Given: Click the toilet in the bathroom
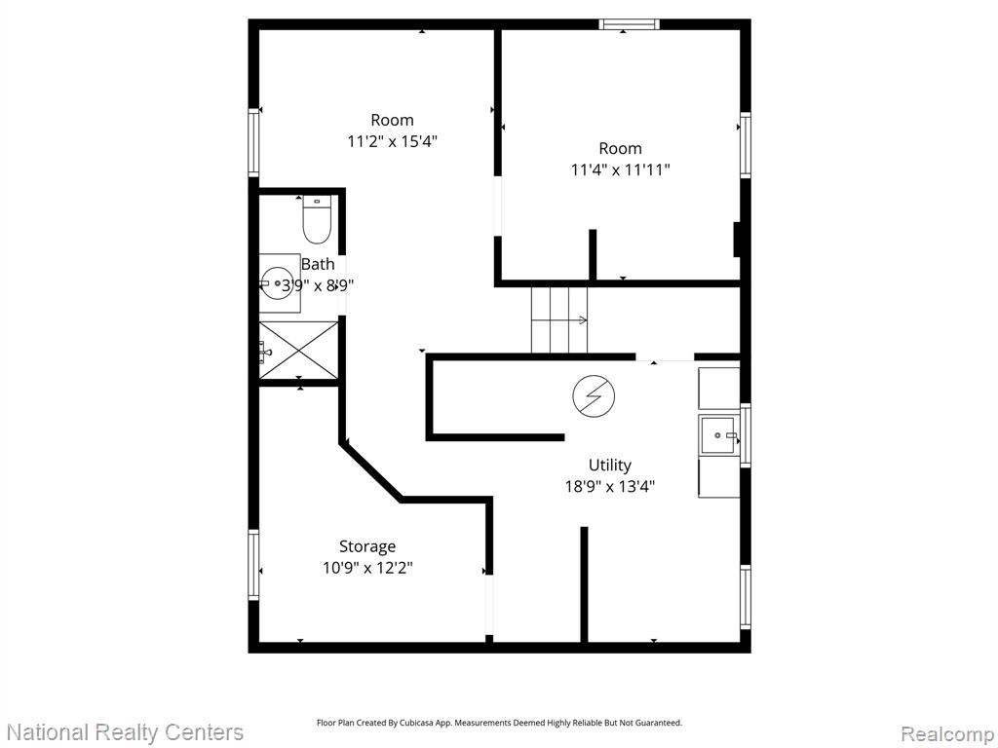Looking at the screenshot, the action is (317, 219).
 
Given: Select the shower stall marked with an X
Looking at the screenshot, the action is (298, 350).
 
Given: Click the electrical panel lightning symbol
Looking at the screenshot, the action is (594, 396).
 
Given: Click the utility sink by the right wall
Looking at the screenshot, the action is (720, 435).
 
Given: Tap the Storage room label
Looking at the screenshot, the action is (367, 546).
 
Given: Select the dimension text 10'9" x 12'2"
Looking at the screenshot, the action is (367, 568).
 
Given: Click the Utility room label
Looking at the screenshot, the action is (610, 465).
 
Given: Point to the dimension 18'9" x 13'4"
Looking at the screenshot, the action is (610, 487).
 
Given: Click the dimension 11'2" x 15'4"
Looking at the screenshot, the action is (392, 140).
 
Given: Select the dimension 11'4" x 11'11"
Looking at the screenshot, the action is (621, 169).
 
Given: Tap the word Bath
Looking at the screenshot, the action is (318, 264).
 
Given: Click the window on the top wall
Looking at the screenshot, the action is (629, 24).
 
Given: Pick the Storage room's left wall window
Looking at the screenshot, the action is (254, 565).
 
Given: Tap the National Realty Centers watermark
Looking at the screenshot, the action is (125, 732).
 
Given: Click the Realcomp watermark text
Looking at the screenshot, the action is (947, 733).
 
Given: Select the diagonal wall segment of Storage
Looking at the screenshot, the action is (372, 471).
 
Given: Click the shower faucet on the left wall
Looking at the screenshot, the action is (265, 351).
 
